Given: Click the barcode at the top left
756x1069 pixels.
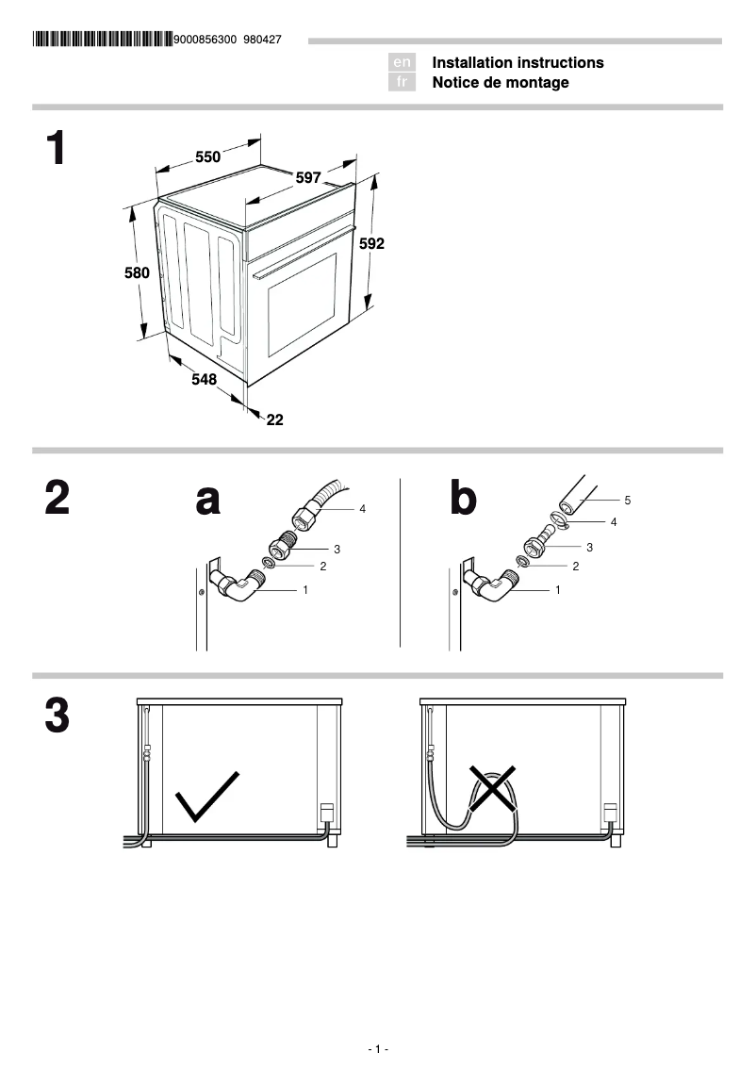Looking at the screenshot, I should point(102,40).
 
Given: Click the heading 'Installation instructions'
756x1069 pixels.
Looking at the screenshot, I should point(518,62).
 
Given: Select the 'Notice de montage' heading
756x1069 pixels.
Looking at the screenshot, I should point(501,83).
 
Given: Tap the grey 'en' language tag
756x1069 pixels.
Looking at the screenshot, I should point(402,62).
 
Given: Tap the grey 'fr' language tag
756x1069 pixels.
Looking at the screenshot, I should point(402,83).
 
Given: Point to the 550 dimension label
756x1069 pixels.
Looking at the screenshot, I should point(207,157).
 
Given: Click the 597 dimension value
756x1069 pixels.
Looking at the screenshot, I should point(308,177).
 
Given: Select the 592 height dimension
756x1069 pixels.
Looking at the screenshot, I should point(371,243).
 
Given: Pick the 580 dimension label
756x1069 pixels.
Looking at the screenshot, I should point(138,273).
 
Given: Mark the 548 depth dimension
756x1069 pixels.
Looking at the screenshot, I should point(204,379).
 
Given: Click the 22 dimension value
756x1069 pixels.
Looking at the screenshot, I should point(274,420).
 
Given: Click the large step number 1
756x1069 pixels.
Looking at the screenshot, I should point(58,150).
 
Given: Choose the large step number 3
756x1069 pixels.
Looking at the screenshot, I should point(58,716).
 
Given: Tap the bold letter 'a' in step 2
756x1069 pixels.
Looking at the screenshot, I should point(208,500).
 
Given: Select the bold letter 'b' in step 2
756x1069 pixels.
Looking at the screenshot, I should point(463,499).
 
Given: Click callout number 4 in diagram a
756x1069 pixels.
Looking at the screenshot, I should point(362,509).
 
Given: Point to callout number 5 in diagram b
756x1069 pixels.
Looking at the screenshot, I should point(627,500).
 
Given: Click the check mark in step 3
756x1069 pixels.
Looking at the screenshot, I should point(207,796).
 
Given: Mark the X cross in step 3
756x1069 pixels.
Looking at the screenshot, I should point(494,790).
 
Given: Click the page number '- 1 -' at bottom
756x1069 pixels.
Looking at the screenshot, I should point(378,1049).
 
